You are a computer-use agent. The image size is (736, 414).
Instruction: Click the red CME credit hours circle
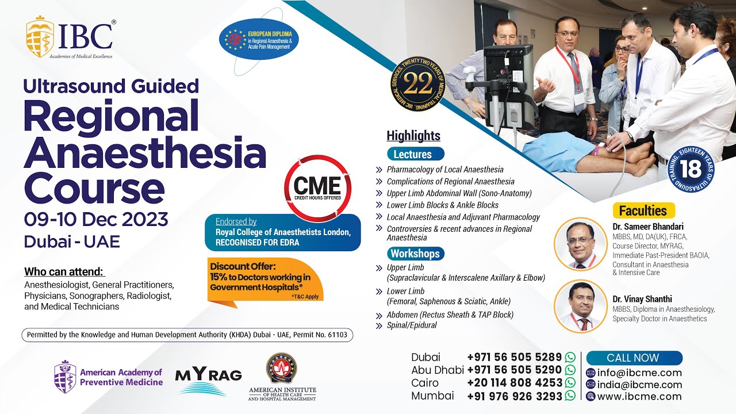click(x=317, y=188)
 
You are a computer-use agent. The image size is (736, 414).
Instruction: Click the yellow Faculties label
click(x=643, y=210)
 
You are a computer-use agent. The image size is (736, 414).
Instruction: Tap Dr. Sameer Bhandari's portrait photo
click(x=580, y=244)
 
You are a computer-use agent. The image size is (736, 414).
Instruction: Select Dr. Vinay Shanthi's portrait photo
click(x=580, y=306)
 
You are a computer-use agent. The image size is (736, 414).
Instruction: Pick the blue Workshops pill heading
click(x=415, y=254)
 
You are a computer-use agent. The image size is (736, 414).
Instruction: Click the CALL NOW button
click(x=633, y=358)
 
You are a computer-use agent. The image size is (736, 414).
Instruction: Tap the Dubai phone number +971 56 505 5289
click(x=514, y=357)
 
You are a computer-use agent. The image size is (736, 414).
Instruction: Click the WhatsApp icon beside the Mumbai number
click(x=570, y=396)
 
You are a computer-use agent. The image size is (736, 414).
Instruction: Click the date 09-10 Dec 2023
click(x=96, y=220)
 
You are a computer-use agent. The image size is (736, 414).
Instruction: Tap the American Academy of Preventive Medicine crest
click(x=64, y=377)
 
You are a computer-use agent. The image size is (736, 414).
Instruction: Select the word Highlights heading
click(x=413, y=136)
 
